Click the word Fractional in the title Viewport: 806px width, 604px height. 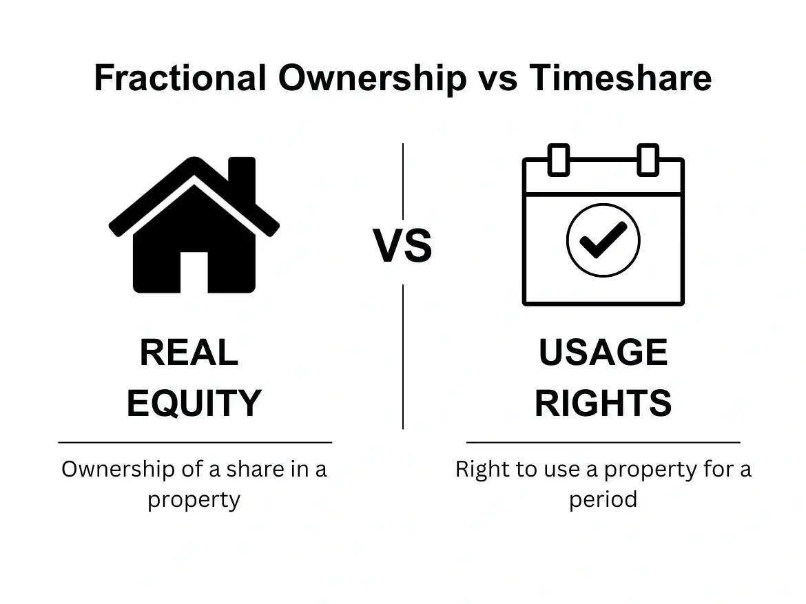click(x=180, y=77)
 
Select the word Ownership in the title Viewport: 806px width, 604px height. click(x=372, y=77)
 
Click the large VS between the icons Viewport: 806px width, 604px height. click(x=403, y=247)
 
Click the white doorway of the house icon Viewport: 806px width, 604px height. click(x=194, y=271)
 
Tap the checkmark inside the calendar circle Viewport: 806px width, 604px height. click(x=603, y=239)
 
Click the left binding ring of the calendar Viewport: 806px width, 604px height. click(x=559, y=160)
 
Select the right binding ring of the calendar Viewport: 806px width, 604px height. click(x=648, y=160)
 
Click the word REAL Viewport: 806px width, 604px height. click(x=189, y=353)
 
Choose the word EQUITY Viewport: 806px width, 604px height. click(x=194, y=403)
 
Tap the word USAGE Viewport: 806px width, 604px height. click(x=603, y=353)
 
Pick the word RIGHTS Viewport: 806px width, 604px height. click(x=603, y=403)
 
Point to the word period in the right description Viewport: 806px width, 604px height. click(x=603, y=499)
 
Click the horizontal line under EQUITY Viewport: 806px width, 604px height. click(x=195, y=442)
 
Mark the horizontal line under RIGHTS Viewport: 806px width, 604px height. click(x=603, y=442)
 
